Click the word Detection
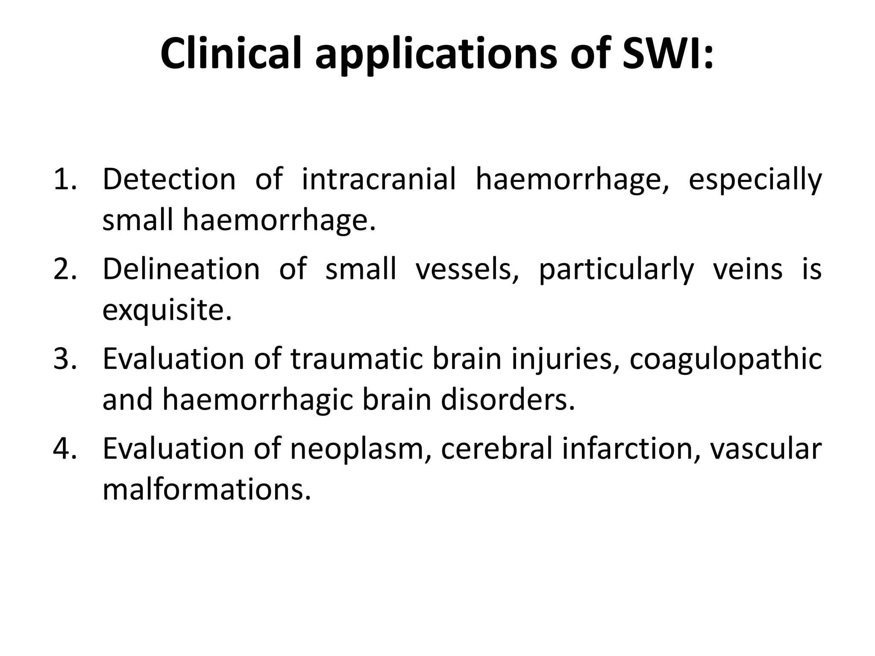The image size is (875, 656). [169, 179]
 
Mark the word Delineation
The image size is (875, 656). [181, 269]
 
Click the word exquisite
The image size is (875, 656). [167, 311]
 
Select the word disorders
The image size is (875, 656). [508, 400]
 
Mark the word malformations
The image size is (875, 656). [206, 489]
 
